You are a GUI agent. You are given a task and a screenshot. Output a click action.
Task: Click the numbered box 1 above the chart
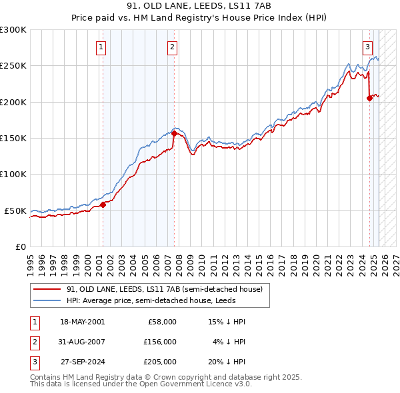click(x=101, y=47)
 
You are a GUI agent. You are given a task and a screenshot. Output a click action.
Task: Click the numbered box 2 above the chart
click(x=172, y=47)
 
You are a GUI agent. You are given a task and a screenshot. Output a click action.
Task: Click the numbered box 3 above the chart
click(x=367, y=47)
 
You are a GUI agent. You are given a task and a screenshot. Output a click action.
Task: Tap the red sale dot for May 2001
click(x=103, y=204)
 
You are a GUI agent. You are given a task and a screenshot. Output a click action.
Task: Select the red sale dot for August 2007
click(x=174, y=133)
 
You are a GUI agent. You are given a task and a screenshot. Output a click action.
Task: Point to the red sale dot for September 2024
click(x=369, y=98)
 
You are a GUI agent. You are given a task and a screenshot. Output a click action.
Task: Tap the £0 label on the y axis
click(x=20, y=246)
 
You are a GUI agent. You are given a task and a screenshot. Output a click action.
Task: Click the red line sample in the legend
click(x=47, y=290)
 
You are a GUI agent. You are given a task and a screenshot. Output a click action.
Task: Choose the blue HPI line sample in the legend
click(x=47, y=300)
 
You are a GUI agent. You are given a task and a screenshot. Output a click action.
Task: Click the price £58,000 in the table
click(x=162, y=322)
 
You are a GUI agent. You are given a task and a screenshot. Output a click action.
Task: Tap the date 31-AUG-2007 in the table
click(x=82, y=342)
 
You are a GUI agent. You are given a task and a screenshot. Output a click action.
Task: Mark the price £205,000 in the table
click(x=160, y=362)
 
